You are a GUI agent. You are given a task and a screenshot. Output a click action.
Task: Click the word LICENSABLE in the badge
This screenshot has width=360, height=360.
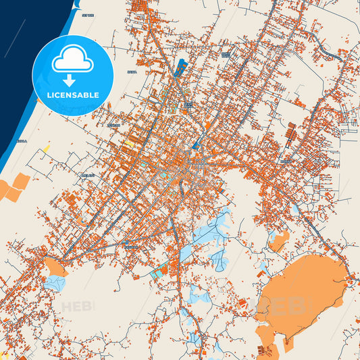pyautogui.click(x=73, y=95)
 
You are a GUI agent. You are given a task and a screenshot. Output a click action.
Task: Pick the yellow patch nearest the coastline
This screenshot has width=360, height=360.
pyautogui.click(x=47, y=147)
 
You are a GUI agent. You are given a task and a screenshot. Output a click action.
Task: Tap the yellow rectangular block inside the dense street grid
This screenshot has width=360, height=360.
pyautogui.click(x=128, y=144)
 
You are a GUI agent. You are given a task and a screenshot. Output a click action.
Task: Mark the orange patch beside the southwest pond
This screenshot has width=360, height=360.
pyautogui.click(x=57, y=268)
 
